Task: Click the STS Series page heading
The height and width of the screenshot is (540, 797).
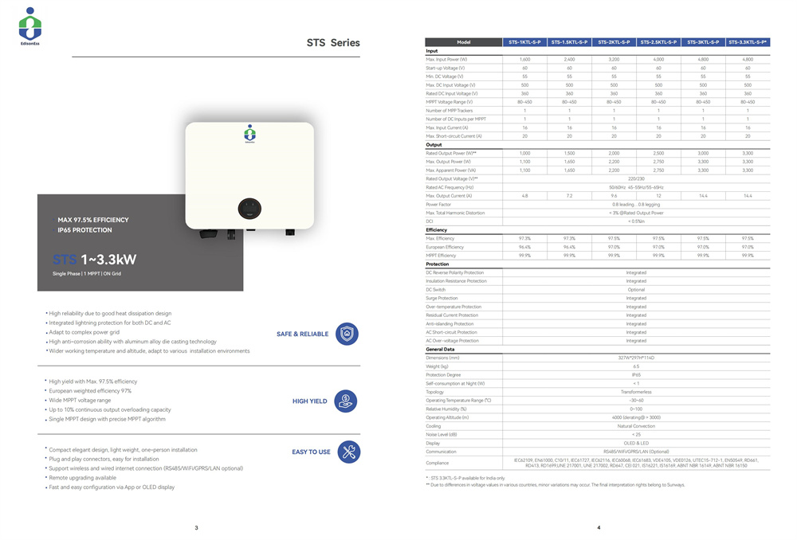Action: tap(333, 43)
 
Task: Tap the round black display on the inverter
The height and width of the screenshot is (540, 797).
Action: tap(249, 209)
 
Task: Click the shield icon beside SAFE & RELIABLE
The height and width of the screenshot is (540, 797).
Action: tap(347, 334)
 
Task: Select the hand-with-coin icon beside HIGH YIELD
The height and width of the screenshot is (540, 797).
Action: tap(347, 401)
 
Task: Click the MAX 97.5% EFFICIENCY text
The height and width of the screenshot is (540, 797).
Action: tap(92, 220)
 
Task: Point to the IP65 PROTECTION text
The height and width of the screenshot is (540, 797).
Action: tap(84, 230)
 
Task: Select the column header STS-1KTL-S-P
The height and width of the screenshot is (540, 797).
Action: tap(524, 42)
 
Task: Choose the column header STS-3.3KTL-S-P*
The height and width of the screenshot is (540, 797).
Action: tap(748, 42)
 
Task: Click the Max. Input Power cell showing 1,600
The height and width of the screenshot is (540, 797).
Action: tap(524, 60)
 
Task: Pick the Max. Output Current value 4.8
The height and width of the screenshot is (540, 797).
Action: tap(524, 196)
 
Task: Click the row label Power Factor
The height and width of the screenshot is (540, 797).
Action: tap(438, 205)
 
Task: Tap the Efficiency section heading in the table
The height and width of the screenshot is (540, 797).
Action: tap(437, 230)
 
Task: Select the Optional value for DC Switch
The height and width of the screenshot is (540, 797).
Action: tap(636, 290)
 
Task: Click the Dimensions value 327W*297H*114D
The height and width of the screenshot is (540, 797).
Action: tap(636, 358)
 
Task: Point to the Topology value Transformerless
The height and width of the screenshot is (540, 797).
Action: tap(636, 392)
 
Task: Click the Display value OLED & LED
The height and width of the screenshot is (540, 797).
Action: tap(636, 443)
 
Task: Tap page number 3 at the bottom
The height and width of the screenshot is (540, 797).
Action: tap(196, 527)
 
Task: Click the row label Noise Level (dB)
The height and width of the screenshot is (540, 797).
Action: tap(442, 434)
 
